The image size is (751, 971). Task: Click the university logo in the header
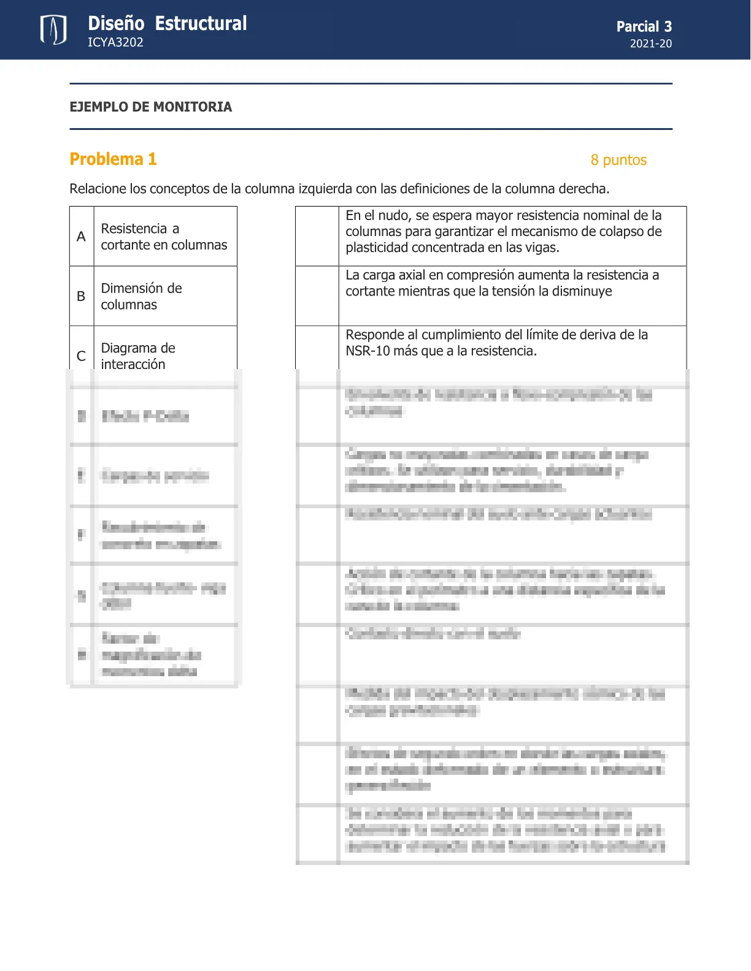(53, 30)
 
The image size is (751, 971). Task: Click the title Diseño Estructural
(167, 23)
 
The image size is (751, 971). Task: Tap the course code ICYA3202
(115, 42)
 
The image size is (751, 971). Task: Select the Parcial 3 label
(644, 26)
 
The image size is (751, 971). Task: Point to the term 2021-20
(650, 44)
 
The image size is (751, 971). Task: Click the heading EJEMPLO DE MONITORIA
(150, 107)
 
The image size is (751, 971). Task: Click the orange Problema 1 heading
(113, 159)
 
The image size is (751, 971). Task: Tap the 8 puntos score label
(618, 160)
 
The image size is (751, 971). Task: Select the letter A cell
(81, 237)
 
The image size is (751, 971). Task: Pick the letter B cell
(81, 296)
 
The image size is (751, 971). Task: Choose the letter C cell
(81, 356)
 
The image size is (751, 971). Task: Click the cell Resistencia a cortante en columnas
(164, 237)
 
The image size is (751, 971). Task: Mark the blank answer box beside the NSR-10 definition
(317, 348)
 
